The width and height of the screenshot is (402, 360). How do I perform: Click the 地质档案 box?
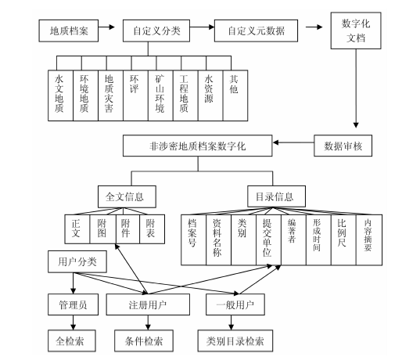[x=69, y=31]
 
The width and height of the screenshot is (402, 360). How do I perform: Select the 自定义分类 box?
[x=156, y=31]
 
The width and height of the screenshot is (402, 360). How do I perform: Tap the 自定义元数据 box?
[x=256, y=31]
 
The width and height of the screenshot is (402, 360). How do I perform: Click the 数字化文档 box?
[x=356, y=31]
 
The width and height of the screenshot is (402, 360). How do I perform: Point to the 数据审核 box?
[x=343, y=146]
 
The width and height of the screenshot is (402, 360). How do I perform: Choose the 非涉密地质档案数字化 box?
[x=197, y=146]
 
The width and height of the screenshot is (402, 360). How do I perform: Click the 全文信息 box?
[x=127, y=196]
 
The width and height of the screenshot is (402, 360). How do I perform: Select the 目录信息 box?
[x=276, y=196]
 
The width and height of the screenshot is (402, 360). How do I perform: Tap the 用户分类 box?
[x=77, y=261]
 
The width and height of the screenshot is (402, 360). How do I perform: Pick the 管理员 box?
[x=73, y=304]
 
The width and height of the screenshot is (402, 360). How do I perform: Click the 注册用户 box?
[x=148, y=304]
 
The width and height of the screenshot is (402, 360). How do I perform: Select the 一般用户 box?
[x=235, y=304]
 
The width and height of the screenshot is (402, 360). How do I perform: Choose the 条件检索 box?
[x=144, y=340]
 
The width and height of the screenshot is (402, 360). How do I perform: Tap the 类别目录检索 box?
[x=235, y=340]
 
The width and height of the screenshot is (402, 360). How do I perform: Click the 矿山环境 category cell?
[x=160, y=95]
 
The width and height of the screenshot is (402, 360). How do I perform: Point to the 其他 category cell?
[x=235, y=95]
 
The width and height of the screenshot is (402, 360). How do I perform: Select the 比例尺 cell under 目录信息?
[x=343, y=240]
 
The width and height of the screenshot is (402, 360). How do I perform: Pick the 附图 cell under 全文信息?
[x=102, y=229]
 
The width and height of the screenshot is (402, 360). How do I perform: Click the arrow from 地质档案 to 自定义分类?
[x=106, y=27]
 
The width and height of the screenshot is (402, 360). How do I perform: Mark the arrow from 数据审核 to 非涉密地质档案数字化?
[x=293, y=142]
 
